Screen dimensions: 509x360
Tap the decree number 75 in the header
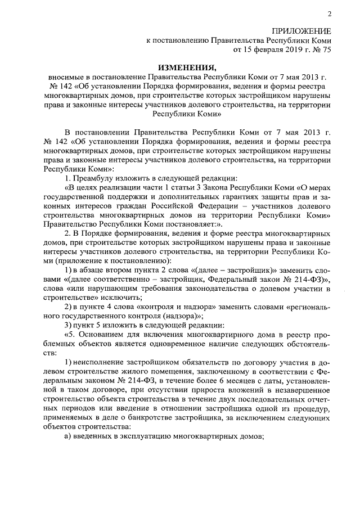(326, 49)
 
